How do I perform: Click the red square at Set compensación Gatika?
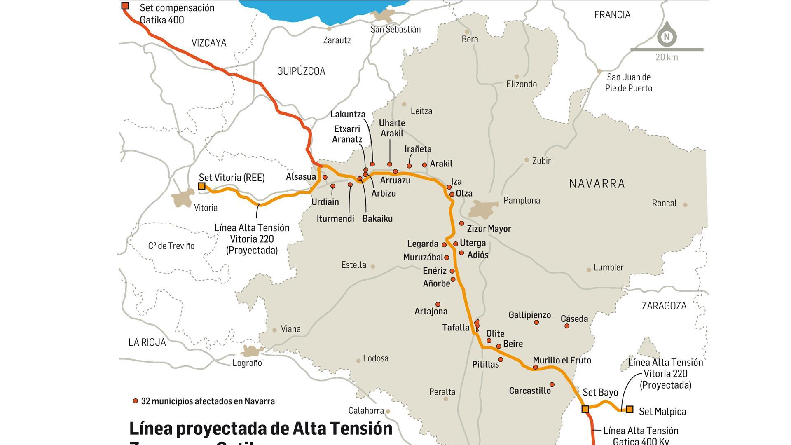125,6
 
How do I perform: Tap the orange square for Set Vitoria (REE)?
201,186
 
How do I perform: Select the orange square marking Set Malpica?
630,409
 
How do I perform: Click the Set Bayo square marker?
585,409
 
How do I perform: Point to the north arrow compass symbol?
667,35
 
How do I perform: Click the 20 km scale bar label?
667,57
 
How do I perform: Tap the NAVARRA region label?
597,183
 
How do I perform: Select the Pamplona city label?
522,201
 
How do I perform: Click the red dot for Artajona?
438,304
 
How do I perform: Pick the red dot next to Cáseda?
567,326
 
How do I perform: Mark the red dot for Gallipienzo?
536,322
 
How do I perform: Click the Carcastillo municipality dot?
552,384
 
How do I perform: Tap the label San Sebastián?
395,29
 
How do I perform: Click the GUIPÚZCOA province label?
301,71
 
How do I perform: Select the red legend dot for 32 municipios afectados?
135,401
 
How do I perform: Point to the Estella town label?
353,265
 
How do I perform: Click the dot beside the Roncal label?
685,205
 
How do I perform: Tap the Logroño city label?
247,363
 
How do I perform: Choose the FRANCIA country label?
612,15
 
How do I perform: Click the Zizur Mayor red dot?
461,223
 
